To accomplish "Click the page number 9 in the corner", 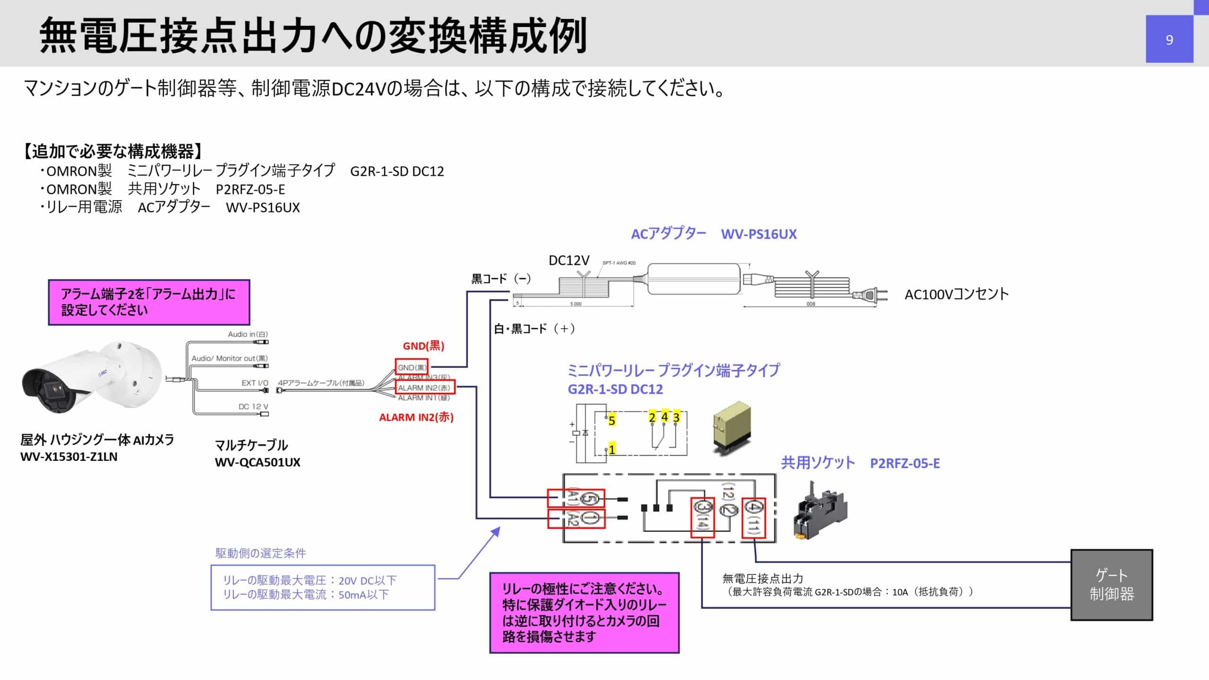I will tap(1169, 40).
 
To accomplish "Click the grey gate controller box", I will tap(1111, 585).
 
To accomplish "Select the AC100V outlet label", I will tap(956, 294).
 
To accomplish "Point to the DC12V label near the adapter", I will tap(569, 260).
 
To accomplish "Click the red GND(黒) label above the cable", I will tap(423, 346).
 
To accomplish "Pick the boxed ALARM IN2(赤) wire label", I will tap(425, 388).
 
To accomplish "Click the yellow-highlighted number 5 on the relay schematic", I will tap(612, 420).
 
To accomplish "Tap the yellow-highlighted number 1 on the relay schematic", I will tap(612, 449).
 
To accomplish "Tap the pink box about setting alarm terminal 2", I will tap(149, 302).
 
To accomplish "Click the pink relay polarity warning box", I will tap(584, 612).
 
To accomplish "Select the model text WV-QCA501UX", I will tap(257, 462).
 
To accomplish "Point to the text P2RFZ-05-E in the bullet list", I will tap(250, 189).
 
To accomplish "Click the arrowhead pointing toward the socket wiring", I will tap(496, 531).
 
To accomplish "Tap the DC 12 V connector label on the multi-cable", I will tap(253, 407).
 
